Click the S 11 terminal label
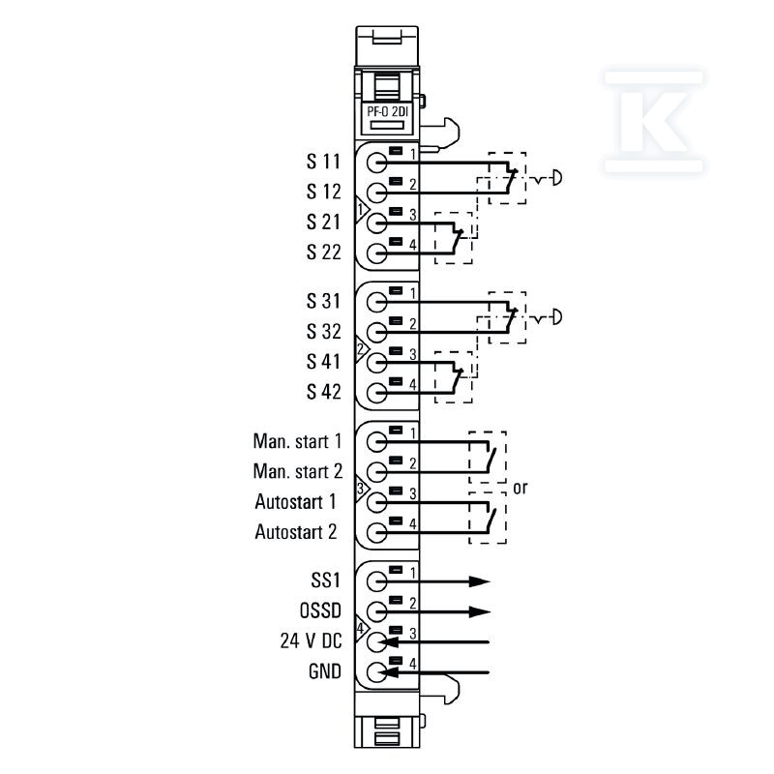pos(323,162)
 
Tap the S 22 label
pos(323,253)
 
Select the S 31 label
pos(323,301)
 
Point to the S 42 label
pos(323,392)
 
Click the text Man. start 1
pos(297,441)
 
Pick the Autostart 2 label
pos(296,532)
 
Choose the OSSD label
pos(320,611)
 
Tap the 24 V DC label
pos(311,641)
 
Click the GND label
pos(325,671)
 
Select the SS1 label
pos(326,580)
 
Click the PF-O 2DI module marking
pos(388,111)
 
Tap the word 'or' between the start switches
pos(521,489)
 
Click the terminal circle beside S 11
pos(377,163)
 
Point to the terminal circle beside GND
pos(377,672)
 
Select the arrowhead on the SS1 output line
pos(479,581)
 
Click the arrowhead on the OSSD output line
pos(479,612)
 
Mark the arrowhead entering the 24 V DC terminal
pos(390,642)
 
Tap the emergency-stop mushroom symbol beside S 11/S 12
pos(557,178)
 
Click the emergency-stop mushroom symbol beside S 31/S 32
pos(557,317)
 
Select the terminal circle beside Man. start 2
pos(377,472)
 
